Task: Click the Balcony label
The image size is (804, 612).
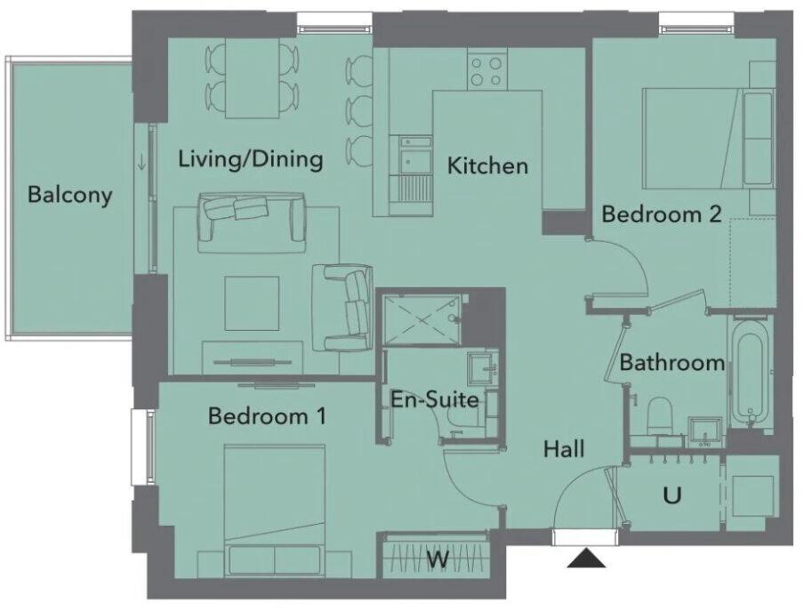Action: tap(70, 195)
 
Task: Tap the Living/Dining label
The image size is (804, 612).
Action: tap(250, 160)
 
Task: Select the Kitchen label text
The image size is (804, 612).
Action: tap(487, 165)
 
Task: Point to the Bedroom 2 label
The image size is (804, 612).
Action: tap(661, 214)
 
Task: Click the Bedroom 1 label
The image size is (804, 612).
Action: tap(267, 415)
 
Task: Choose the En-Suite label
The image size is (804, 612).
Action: tap(435, 399)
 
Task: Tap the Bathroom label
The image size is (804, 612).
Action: tap(672, 363)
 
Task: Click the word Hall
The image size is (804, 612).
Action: tap(564, 450)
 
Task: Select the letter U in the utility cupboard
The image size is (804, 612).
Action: tap(671, 495)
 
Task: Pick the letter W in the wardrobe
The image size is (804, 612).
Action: tap(438, 560)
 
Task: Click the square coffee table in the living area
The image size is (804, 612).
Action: tap(253, 303)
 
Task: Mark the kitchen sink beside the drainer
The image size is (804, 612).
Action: tap(412, 157)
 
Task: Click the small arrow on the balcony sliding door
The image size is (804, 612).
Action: tap(141, 163)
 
